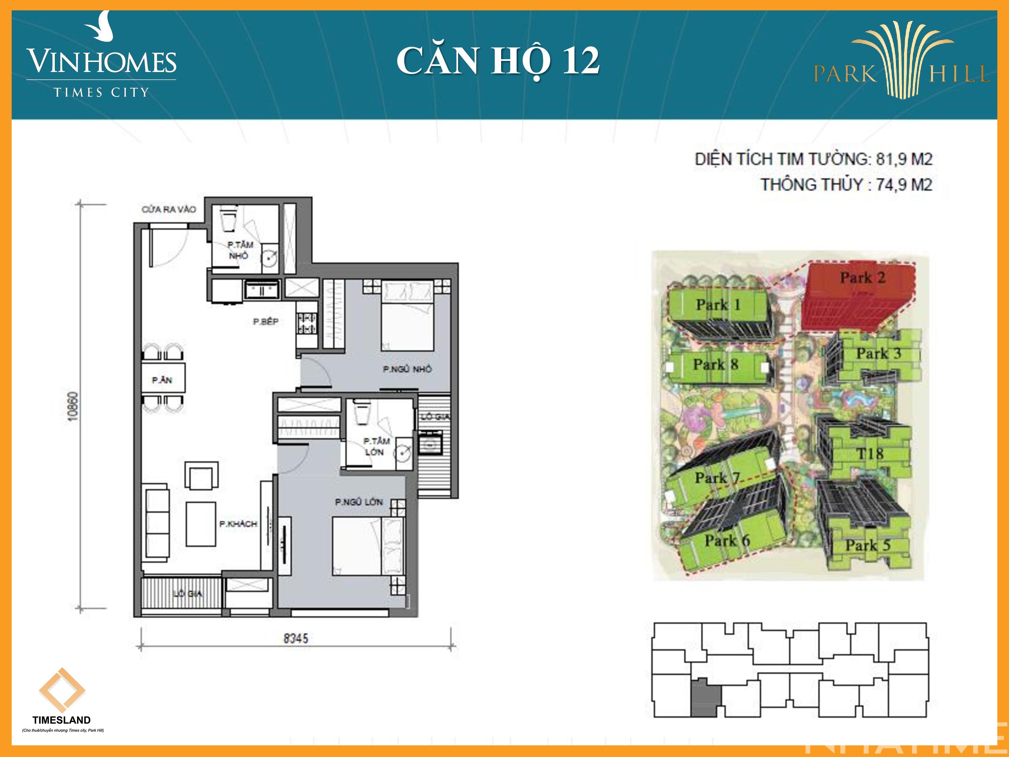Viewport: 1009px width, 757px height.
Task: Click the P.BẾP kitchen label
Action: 265,322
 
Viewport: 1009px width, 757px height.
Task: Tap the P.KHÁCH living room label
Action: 238,524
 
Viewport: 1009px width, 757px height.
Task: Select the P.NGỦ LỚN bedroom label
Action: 359,502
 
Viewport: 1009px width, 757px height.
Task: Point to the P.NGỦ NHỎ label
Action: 407,369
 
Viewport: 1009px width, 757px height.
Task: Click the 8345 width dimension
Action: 296,638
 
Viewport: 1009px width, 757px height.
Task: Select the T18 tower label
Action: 869,454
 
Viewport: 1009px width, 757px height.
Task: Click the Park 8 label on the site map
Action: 715,365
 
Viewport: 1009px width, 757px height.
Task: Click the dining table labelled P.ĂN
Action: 163,378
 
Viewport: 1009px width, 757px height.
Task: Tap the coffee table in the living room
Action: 201,524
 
